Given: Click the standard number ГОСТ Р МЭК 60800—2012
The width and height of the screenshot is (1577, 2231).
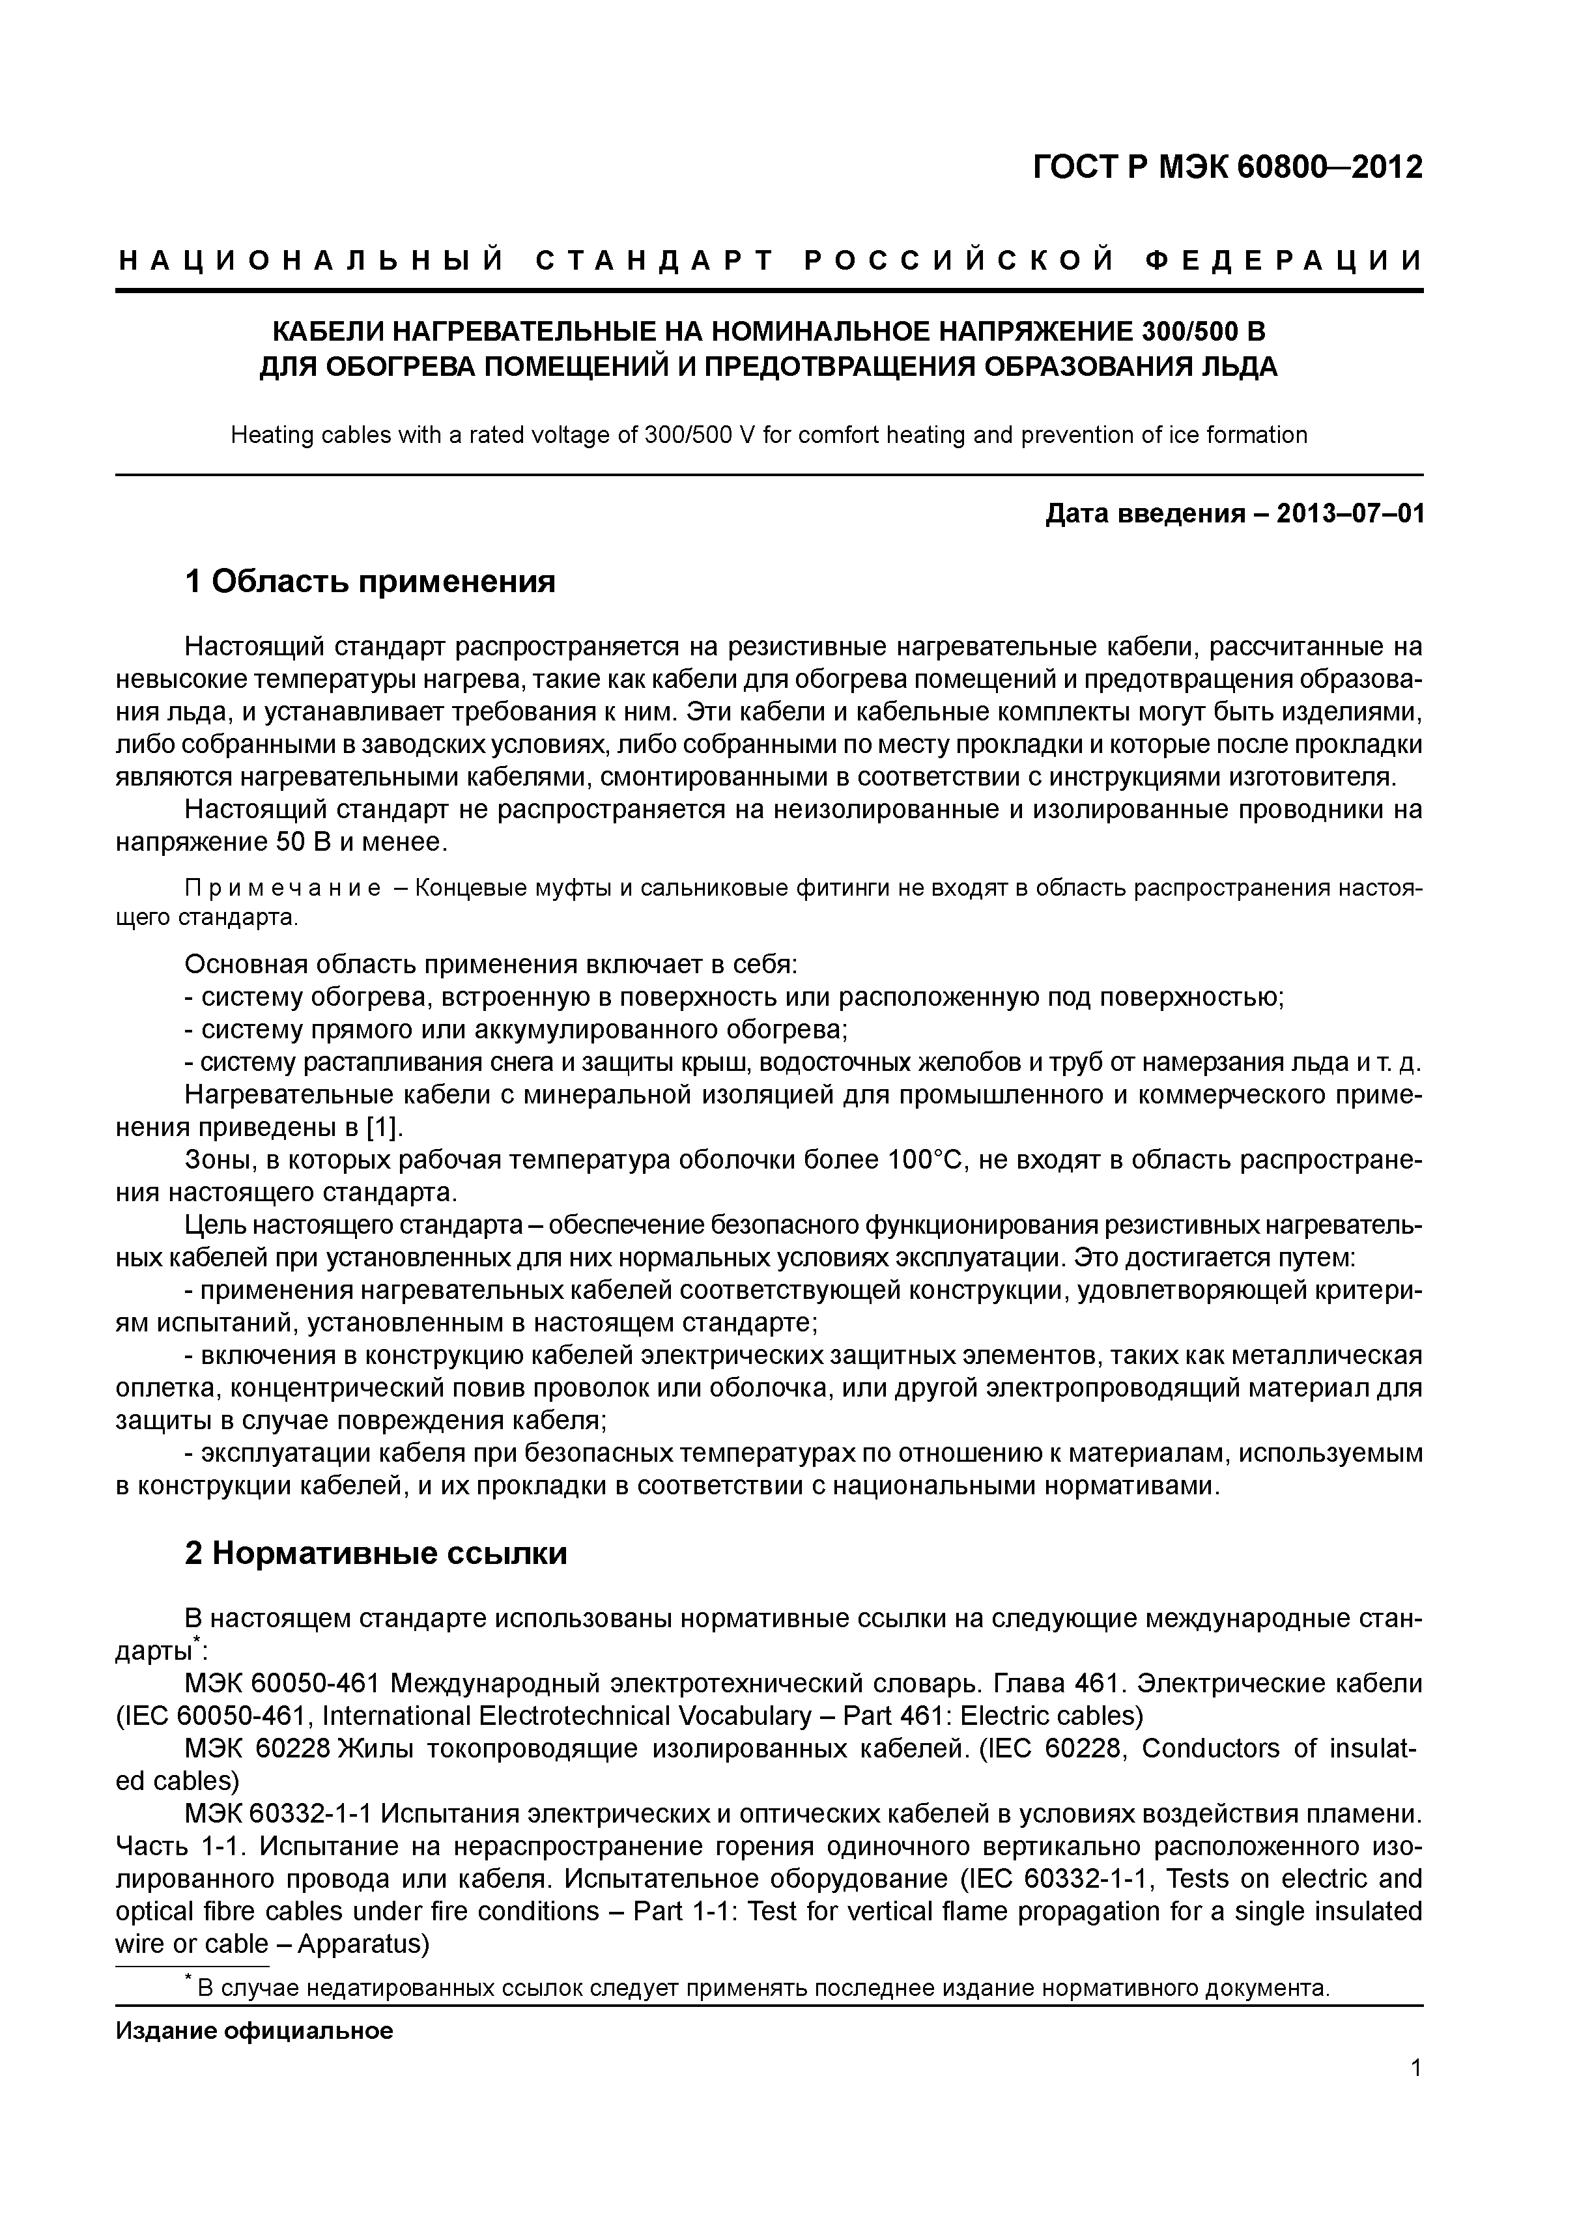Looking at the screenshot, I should tap(1227, 168).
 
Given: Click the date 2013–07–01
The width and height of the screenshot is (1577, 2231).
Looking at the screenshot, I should tap(1350, 513).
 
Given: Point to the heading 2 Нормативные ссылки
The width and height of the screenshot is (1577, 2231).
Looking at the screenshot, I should tap(376, 1554).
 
